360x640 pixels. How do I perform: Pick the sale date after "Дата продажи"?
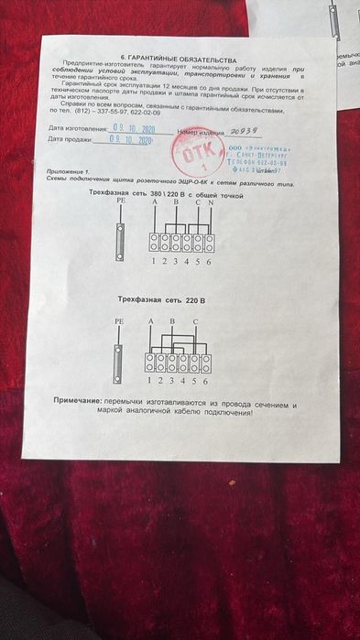click(x=126, y=140)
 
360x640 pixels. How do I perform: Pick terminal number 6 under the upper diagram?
click(x=210, y=262)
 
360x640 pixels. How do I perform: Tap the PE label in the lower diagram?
click(x=118, y=322)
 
